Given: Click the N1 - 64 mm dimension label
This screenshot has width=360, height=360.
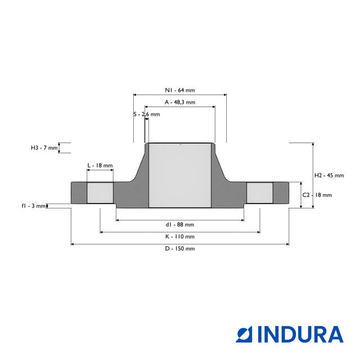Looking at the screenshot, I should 179,90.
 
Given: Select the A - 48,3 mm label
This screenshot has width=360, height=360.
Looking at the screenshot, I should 179,102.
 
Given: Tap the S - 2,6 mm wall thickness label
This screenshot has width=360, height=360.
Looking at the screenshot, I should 146,114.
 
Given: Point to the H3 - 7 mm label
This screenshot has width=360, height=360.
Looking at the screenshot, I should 44,148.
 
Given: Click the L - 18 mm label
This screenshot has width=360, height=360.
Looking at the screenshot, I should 100,166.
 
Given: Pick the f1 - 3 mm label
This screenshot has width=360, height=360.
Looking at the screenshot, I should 34,206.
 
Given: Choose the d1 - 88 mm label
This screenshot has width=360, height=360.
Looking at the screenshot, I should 179,224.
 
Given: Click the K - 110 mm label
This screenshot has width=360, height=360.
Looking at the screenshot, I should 179,237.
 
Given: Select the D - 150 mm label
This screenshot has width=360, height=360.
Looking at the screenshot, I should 179,249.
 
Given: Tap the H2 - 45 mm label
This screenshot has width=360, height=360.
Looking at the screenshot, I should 329,175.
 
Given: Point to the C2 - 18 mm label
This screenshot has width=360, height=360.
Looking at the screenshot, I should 317,195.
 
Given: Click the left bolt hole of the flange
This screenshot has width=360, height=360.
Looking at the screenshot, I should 100,193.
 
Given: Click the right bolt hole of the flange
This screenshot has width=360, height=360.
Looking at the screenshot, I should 259,193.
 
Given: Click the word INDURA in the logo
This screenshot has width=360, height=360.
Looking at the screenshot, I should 301,334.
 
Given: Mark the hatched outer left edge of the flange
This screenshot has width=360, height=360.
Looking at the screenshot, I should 79,193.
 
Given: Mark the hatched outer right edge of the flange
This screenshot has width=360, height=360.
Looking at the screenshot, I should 281,193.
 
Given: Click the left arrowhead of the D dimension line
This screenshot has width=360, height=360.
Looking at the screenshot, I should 73,244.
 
